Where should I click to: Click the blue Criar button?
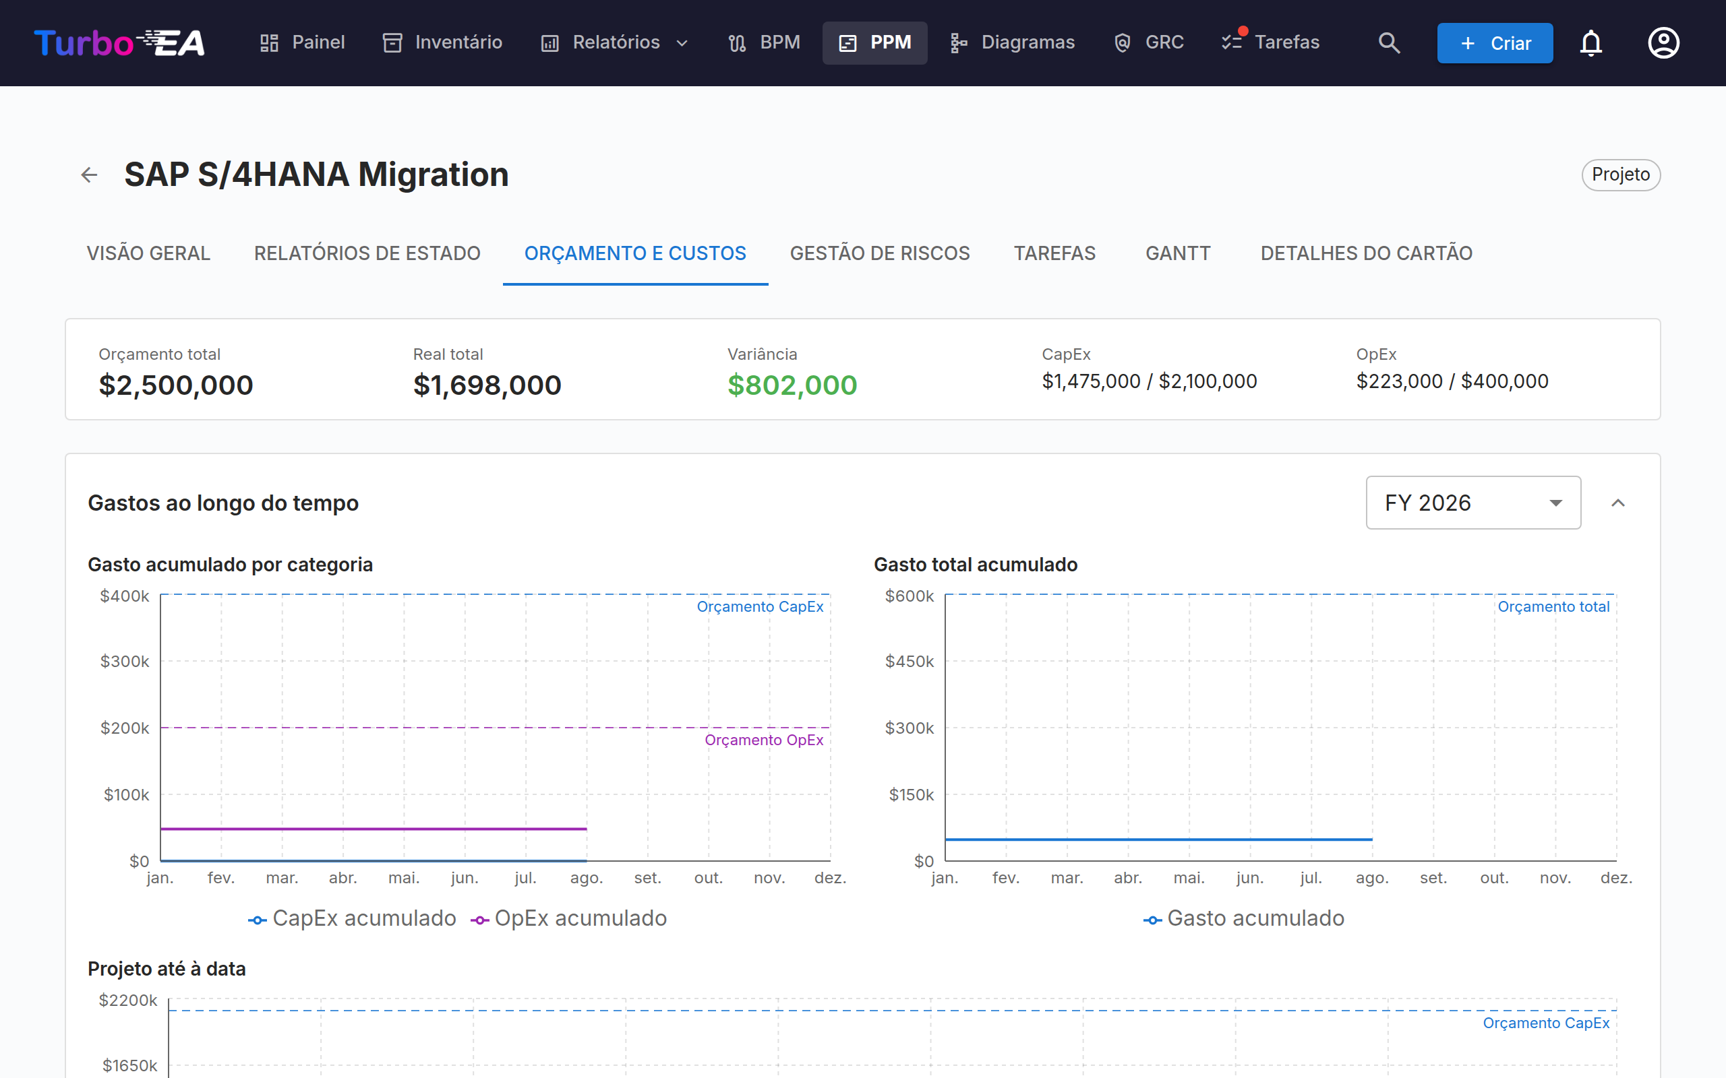point(1494,42)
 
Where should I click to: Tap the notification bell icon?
point(1590,42)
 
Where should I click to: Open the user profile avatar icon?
point(1663,42)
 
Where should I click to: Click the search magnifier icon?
point(1389,42)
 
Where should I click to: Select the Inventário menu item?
point(442,42)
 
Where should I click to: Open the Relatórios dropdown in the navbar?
point(614,42)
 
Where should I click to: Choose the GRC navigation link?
point(1148,42)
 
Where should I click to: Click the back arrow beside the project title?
point(89,175)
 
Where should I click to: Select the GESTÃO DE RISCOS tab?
point(879,253)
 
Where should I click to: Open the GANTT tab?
point(1178,253)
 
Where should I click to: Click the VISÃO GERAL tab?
point(148,253)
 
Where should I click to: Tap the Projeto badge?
point(1620,175)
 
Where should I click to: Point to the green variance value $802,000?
point(792,385)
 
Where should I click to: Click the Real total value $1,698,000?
point(487,385)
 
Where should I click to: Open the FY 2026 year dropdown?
point(1472,503)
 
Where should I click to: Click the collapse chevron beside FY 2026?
point(1617,503)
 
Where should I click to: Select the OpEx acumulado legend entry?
point(568,918)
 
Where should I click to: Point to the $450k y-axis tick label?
point(909,662)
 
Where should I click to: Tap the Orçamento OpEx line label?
point(764,740)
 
